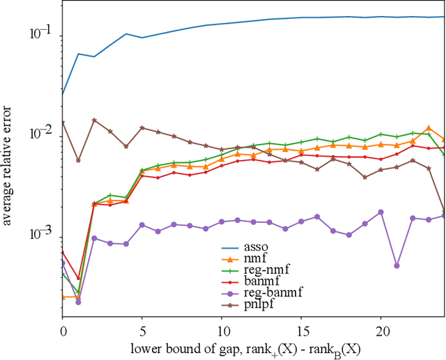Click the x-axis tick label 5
(142, 327)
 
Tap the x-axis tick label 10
(222, 327)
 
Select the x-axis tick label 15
(301, 327)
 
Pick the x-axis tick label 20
(380, 327)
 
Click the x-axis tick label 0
(63, 327)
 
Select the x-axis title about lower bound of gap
(252, 347)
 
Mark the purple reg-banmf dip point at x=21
(397, 265)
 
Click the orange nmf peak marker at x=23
(429, 128)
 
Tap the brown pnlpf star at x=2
(95, 120)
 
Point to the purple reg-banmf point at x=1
(79, 302)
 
